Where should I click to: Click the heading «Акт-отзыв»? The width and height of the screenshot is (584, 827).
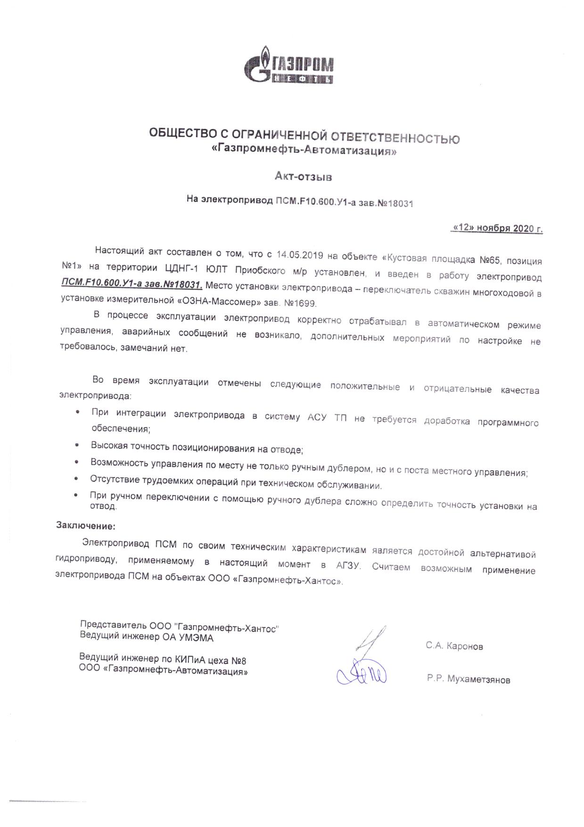[304, 177]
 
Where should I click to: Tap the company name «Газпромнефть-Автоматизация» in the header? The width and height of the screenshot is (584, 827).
[304, 151]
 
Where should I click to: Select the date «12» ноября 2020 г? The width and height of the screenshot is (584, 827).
[497, 228]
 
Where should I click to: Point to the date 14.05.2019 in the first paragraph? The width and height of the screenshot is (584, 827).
[299, 255]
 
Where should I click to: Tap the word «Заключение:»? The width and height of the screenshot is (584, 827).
[86, 525]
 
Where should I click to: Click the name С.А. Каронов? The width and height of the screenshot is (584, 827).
[454, 646]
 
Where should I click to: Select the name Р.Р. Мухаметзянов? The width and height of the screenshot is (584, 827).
[469, 679]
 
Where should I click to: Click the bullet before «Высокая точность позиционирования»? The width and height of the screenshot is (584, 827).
[77, 445]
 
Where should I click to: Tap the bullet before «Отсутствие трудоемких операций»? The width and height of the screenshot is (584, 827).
[77, 479]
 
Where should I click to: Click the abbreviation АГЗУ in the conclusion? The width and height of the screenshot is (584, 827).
[348, 565]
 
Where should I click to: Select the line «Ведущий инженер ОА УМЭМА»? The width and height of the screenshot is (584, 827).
[147, 638]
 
